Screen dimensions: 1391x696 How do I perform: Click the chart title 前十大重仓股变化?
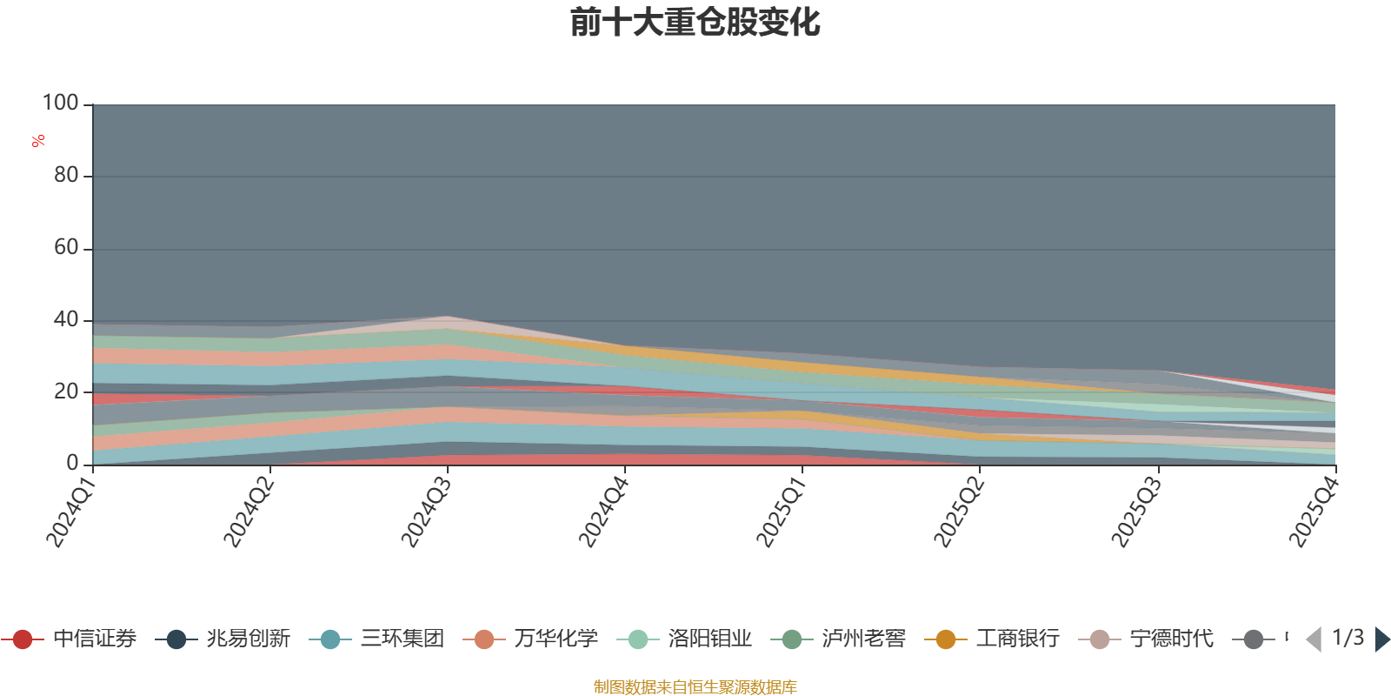(x=695, y=23)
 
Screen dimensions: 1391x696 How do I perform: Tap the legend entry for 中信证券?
(x=69, y=639)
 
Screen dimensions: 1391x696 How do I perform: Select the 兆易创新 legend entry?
(x=223, y=639)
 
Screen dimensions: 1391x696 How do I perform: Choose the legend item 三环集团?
(x=376, y=639)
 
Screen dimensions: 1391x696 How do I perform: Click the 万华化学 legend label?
(x=530, y=639)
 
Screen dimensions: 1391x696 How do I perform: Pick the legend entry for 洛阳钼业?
(x=684, y=639)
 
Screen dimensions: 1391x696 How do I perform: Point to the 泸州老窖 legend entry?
(x=838, y=639)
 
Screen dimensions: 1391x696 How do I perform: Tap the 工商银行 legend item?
(x=992, y=639)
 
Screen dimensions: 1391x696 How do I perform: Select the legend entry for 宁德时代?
(x=1147, y=639)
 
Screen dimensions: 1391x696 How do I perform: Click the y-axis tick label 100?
(x=60, y=103)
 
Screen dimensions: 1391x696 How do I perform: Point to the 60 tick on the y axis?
(x=66, y=247)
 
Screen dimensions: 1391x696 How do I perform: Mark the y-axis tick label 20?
(x=66, y=391)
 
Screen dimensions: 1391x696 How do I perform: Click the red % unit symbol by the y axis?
(x=38, y=141)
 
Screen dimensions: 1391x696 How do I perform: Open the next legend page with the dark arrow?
(x=1382, y=639)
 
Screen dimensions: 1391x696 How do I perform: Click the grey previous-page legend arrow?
(x=1314, y=639)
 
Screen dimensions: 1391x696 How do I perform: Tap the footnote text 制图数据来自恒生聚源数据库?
(x=695, y=686)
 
